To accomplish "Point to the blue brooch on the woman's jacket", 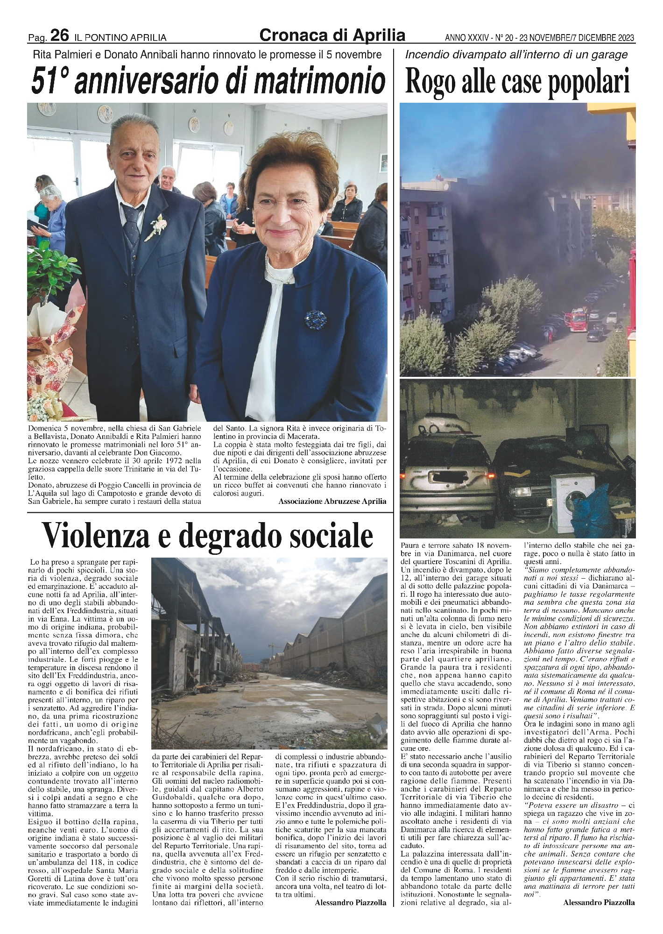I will point(316,319).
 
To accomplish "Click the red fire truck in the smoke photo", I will point(574,320).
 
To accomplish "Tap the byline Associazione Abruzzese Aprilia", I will point(332,501).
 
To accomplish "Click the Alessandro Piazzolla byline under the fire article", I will point(599,903).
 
